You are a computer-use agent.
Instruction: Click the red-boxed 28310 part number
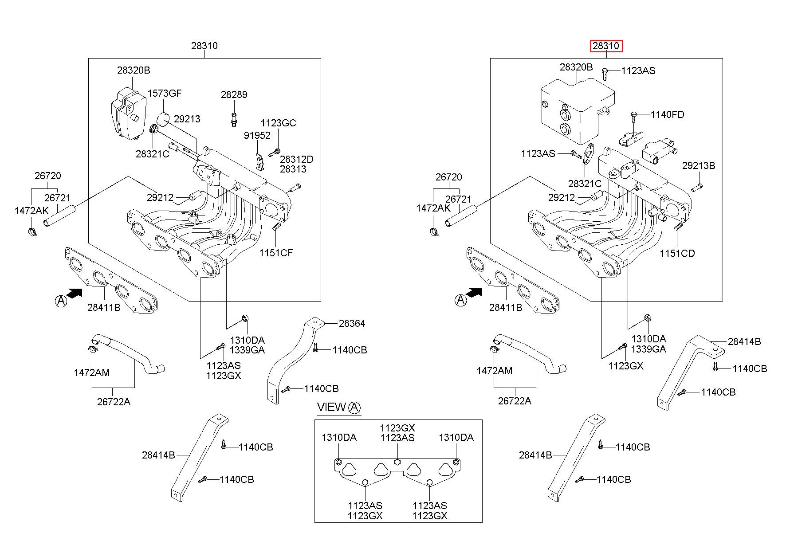click(x=606, y=46)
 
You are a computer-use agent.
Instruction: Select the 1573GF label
click(x=164, y=93)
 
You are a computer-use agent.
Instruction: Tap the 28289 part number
click(x=234, y=94)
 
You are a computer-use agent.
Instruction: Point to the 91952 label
click(x=257, y=135)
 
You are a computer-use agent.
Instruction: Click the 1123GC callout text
click(x=278, y=123)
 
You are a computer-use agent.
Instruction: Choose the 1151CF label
click(x=276, y=253)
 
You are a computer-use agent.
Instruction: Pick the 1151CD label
click(x=677, y=253)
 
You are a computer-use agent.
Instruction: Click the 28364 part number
click(x=352, y=323)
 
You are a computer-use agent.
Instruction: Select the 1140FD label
click(x=667, y=114)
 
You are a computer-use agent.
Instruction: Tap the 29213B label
click(x=699, y=165)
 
